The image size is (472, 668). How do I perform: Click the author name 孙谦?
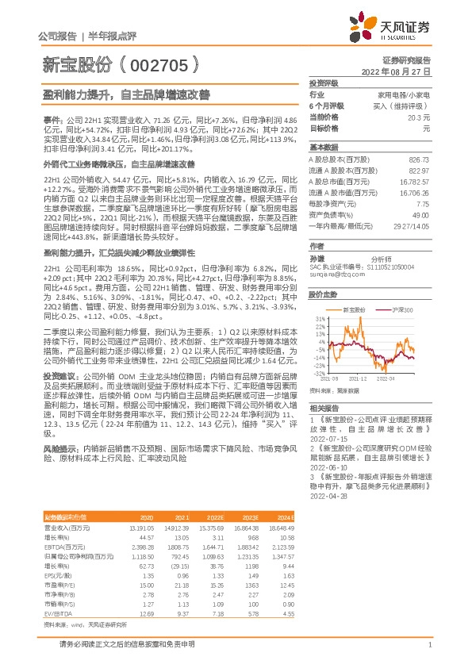point(317,259)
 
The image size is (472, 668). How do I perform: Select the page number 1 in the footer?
point(429,644)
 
